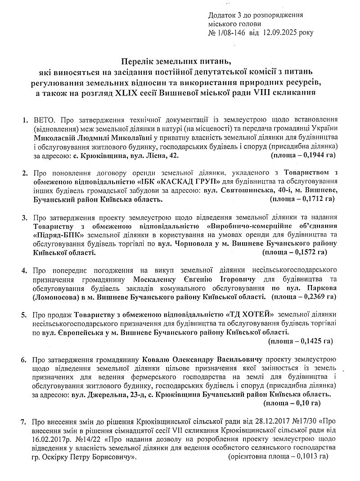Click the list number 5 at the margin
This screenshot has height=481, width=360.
pos(24,314)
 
